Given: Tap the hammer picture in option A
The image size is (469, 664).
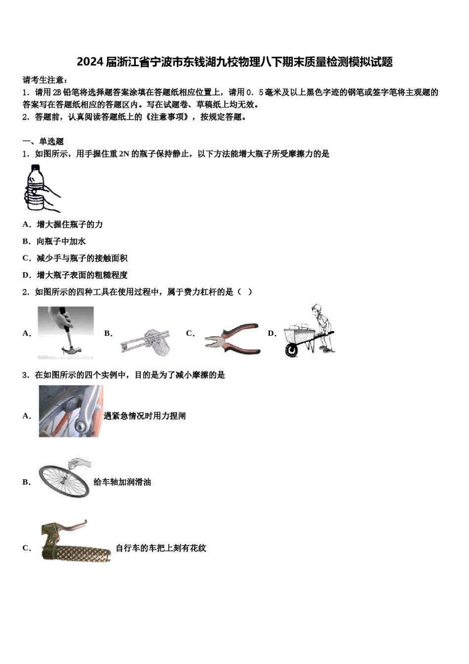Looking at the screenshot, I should [x=66, y=332].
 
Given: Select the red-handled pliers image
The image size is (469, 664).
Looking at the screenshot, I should [x=232, y=338].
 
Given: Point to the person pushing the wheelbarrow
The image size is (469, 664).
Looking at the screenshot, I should [x=321, y=326].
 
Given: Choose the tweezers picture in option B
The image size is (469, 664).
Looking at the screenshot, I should [x=146, y=340].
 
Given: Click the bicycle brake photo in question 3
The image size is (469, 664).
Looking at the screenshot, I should [x=71, y=411].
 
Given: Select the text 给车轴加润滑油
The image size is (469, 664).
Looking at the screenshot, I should [x=122, y=482].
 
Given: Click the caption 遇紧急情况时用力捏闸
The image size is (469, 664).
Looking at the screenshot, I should [x=145, y=416].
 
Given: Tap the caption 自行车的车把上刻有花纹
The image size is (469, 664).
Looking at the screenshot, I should [x=161, y=548].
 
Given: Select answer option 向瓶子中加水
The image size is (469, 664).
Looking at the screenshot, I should [x=61, y=241].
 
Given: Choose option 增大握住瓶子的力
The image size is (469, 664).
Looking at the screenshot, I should [x=70, y=224].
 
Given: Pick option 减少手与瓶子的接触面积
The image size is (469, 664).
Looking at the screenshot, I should [x=82, y=258].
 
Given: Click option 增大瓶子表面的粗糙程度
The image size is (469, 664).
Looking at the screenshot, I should [x=82, y=275].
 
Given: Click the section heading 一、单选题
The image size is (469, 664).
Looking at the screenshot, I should [x=43, y=141].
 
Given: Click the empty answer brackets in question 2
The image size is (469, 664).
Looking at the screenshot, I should [x=245, y=291].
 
